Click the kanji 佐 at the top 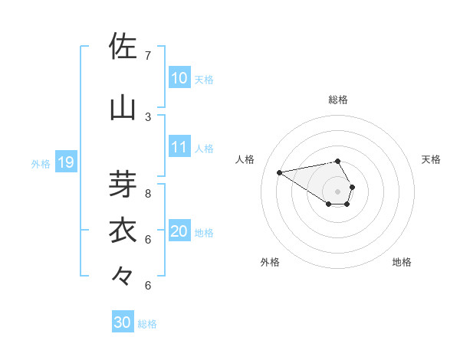(123, 47)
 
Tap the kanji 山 (123, 107)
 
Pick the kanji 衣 (123, 230)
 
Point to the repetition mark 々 (123, 275)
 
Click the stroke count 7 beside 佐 (148, 56)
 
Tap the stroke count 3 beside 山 (148, 116)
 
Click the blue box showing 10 (179, 78)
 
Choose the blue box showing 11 (179, 148)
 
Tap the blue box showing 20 (179, 232)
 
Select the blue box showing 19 (66, 162)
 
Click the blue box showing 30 (123, 323)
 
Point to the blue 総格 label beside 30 (147, 324)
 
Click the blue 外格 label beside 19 (41, 163)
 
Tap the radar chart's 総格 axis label (338, 100)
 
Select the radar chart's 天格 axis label (431, 159)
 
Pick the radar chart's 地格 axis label (402, 262)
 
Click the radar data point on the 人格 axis (280, 172)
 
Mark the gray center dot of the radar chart (338, 191)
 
